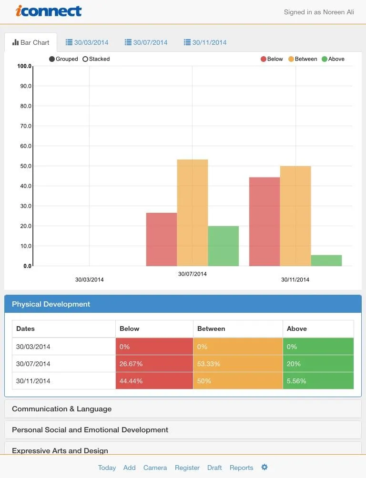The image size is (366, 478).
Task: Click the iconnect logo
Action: point(49,11)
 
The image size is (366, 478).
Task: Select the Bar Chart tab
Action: point(31,42)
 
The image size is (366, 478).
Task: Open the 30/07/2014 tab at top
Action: point(146,42)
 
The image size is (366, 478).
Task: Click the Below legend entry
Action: point(272,59)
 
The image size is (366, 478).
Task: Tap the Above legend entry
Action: point(333,59)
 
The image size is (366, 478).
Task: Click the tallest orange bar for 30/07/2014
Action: point(193,212)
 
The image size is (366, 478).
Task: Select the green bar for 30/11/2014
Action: point(326,260)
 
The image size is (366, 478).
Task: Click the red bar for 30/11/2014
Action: point(264,221)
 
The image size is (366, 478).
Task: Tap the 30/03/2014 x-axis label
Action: point(89,279)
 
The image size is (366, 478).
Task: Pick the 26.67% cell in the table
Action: point(154,364)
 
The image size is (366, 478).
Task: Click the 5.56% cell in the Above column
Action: point(318,381)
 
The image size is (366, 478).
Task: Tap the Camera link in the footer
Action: point(155,468)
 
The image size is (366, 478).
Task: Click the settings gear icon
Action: point(264,467)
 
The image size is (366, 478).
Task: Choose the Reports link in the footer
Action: point(241,468)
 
